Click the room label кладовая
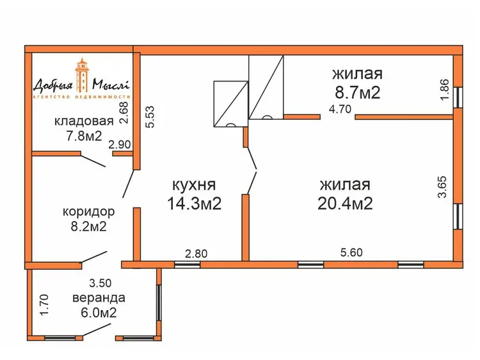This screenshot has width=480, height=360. tap(84, 121)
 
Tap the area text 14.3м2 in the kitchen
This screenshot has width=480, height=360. tap(195, 204)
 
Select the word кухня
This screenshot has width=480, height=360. tap(195, 185)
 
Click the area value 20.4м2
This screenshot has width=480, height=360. tap(345, 203)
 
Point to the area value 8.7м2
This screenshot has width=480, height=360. tap(358, 92)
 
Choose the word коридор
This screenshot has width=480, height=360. tap(89, 212)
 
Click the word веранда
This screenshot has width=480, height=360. tap(99, 298)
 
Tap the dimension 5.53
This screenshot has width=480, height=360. tap(151, 117)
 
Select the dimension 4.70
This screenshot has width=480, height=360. tap(340, 109)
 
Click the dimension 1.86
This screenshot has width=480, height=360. tap(444, 89)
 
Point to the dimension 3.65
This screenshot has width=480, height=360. tap(443, 187)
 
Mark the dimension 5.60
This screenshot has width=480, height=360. tap(351, 252)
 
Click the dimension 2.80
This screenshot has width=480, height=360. tap(196, 254)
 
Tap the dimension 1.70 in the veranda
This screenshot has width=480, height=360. tap(44, 305)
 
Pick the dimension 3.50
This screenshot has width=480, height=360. tap(100, 283)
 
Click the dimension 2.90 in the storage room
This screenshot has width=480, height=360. tap(120, 145)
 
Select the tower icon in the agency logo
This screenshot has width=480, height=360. tap(82, 75)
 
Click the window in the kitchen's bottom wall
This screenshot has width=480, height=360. tap(187, 265)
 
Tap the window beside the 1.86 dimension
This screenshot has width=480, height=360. tap(458, 97)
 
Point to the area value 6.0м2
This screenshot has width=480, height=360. tap(99, 313)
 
